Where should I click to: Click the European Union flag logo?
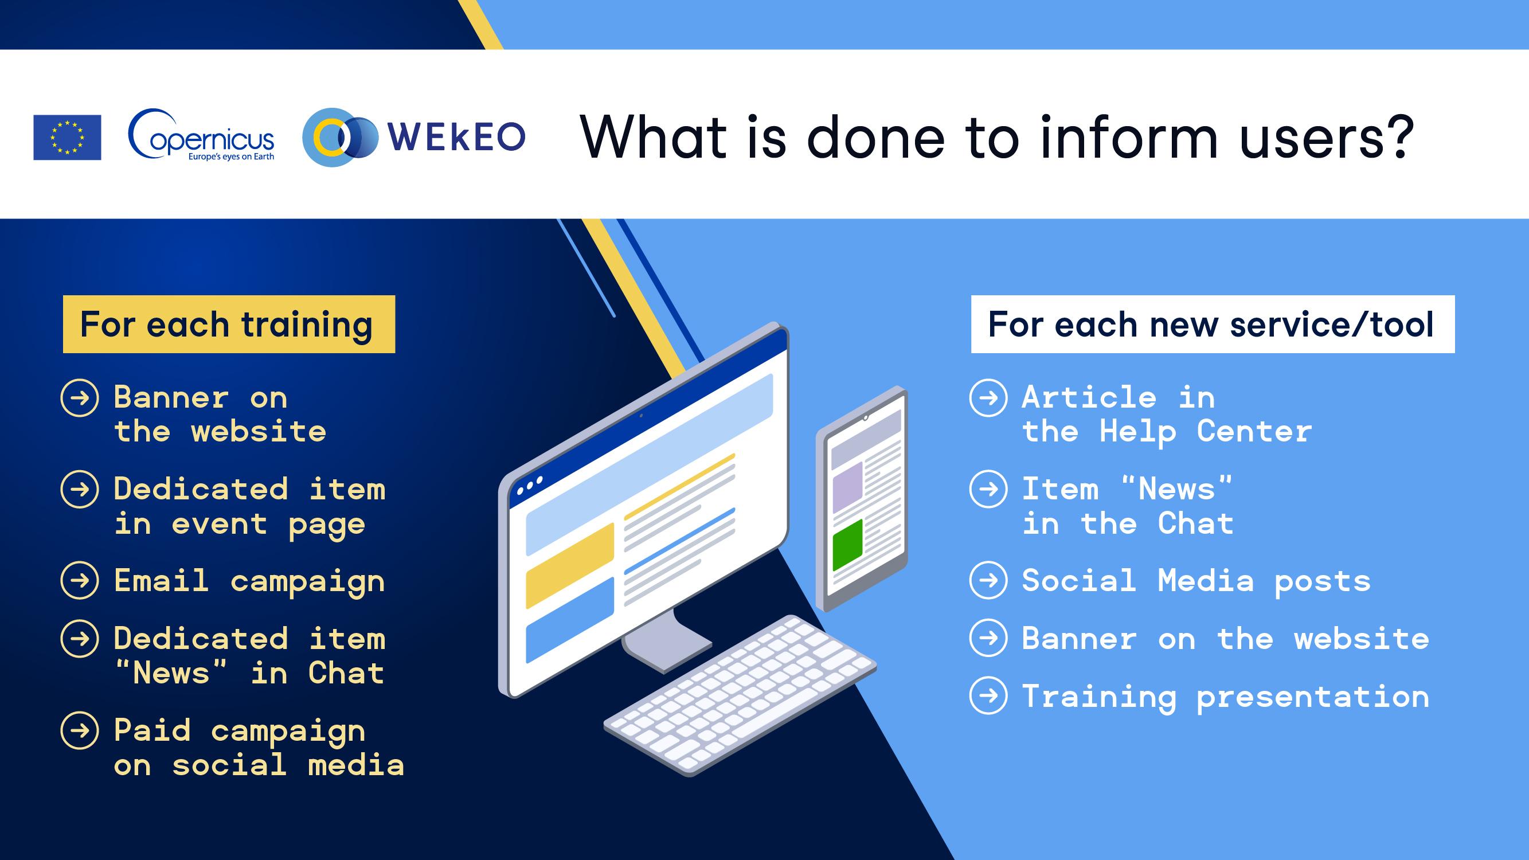point(67,137)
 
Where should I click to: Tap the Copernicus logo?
point(201,135)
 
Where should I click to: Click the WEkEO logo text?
point(456,136)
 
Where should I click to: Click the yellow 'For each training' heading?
point(229,324)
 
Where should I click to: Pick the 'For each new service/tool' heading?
point(1213,324)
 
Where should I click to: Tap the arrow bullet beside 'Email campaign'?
point(80,580)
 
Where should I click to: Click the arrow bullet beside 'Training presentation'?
point(988,695)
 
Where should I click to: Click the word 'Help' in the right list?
point(1138,432)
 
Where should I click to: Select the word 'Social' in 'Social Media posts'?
point(1078,580)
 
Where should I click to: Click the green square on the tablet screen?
point(847,545)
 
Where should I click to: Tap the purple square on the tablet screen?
point(847,487)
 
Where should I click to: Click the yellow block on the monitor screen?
point(570,566)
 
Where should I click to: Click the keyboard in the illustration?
point(740,695)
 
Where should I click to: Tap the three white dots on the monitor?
point(530,485)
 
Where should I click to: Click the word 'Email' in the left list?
point(162,580)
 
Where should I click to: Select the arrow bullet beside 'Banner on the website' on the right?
point(988,638)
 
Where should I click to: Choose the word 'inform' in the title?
point(1129,136)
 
